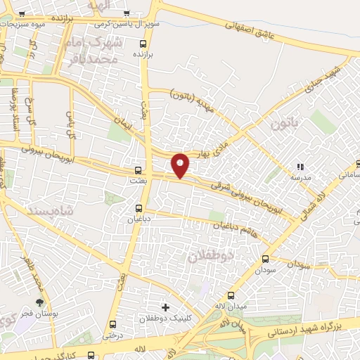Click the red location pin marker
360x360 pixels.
point(181,165)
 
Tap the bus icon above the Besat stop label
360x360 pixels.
point(138,169)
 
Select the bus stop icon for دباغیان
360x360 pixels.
point(139,207)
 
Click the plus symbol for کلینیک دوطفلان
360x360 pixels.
point(165,307)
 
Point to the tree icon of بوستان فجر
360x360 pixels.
point(39,302)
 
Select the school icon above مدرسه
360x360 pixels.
point(300,167)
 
